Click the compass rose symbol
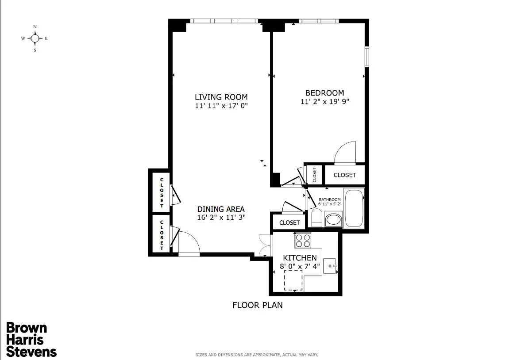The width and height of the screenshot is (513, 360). click(35, 38)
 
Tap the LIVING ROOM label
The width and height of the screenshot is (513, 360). click(221, 97)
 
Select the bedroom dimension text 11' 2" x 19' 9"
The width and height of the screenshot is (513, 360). click(325, 102)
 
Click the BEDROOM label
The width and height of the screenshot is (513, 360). click(324, 93)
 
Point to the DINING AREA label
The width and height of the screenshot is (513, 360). click(221, 209)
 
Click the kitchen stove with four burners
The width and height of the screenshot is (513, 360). click(303, 240)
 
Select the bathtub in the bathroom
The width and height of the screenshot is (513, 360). click(354, 208)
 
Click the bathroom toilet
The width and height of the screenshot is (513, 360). click(316, 218)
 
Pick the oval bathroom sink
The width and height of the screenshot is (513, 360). click(333, 219)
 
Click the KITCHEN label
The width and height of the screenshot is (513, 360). click(300, 258)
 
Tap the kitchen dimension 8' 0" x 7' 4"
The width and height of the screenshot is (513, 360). click(300, 266)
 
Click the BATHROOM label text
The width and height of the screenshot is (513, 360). click(330, 199)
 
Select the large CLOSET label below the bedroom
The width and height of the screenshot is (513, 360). click(344, 175)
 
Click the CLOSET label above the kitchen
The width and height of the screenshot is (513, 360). click(289, 222)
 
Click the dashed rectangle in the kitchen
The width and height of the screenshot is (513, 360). click(293, 280)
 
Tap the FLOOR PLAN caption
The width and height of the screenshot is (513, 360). click(257, 305)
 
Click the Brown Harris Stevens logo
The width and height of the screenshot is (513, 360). click(31, 340)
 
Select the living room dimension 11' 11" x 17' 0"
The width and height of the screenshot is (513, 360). click(221, 106)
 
